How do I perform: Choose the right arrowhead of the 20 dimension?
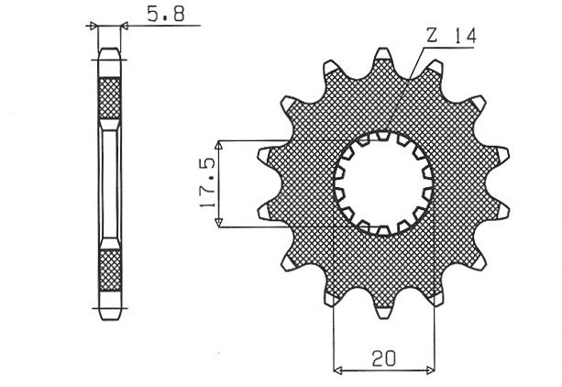click(x=432, y=370)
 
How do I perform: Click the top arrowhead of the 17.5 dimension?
click(x=219, y=145)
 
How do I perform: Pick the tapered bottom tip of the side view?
click(x=109, y=312)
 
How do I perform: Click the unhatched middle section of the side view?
click(x=109, y=183)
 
